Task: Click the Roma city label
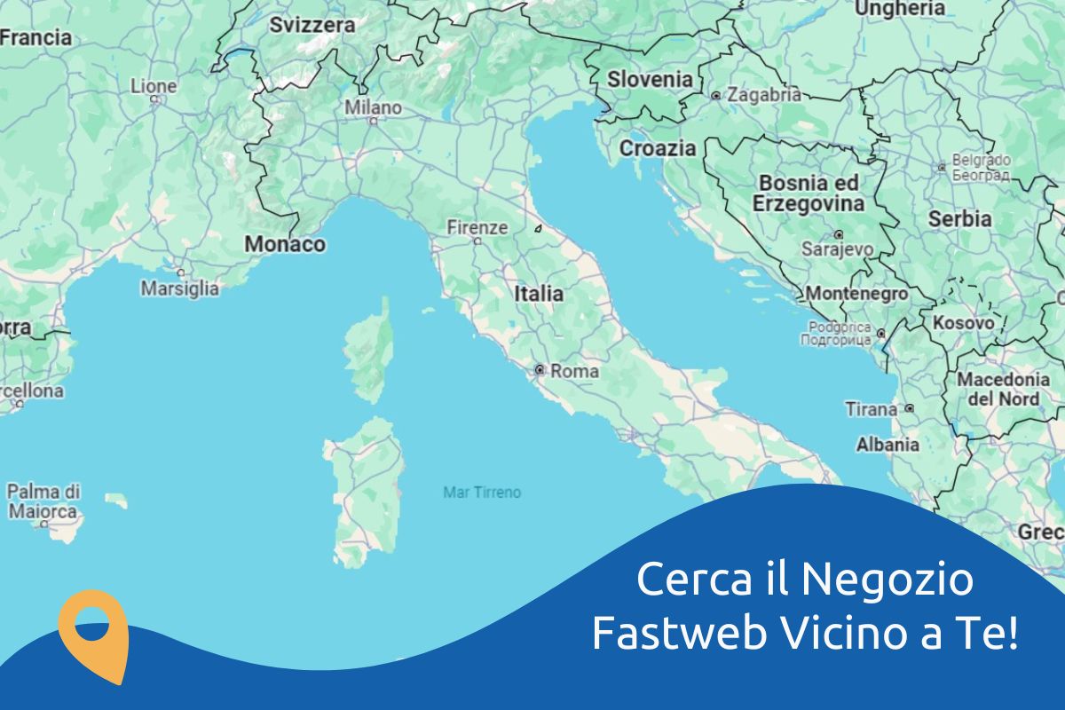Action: (x=574, y=371)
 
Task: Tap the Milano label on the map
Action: (x=373, y=107)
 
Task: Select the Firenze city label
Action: (x=477, y=227)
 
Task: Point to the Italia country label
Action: (x=539, y=293)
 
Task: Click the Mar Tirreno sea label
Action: (x=482, y=492)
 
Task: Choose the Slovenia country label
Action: (x=650, y=79)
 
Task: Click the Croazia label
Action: (x=658, y=148)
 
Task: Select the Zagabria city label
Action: (x=763, y=94)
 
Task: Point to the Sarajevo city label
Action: (x=837, y=249)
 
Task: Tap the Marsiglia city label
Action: (x=179, y=288)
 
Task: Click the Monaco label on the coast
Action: (x=285, y=243)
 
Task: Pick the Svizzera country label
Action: (x=312, y=25)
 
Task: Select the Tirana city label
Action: (x=871, y=409)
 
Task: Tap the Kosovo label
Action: (x=963, y=323)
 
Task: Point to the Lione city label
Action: (x=154, y=86)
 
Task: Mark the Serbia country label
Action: (x=959, y=218)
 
